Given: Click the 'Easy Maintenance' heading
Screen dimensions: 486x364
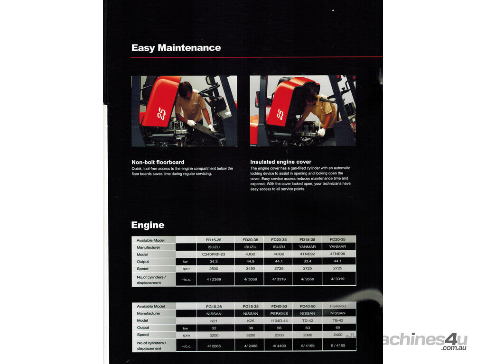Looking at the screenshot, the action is tap(176, 48).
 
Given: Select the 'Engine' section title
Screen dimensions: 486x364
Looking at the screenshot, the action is tap(148, 225).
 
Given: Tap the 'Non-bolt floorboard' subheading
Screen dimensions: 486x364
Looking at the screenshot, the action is tap(158, 162).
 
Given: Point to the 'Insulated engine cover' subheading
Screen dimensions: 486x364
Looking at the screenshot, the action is tap(281, 162).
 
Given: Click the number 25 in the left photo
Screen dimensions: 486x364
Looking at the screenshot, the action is tap(161, 114).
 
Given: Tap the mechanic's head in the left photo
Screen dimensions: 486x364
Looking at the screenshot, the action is tap(186, 89).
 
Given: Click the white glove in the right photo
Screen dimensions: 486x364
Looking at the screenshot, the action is tap(321, 132).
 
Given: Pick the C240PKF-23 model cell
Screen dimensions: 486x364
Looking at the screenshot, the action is tap(214, 255).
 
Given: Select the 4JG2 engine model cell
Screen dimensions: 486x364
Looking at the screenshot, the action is tap(250, 254).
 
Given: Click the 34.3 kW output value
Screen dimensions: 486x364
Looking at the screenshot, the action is tap(214, 262).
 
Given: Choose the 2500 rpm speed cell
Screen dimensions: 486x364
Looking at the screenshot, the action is tap(214, 269).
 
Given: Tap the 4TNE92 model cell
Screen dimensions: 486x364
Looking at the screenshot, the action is tap(307, 254).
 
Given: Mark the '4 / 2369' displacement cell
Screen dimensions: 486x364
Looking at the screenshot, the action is tap(214, 279).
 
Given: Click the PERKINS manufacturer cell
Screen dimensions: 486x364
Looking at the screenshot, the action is tap(279, 314).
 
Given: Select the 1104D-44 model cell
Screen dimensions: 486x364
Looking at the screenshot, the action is tap(279, 321).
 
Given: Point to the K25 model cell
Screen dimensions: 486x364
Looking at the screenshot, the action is tap(251, 321).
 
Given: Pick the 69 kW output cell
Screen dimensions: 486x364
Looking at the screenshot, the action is tap(338, 328).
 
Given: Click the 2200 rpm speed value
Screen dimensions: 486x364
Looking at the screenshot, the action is tap(279, 335).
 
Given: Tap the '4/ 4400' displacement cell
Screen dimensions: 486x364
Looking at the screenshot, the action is tap(279, 346).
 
